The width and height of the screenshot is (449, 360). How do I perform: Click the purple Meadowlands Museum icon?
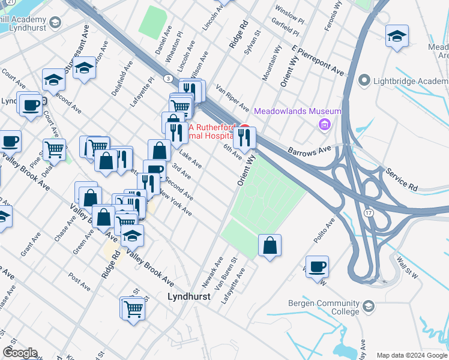tap(325, 125)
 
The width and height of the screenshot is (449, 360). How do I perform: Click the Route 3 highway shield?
tap(169, 79)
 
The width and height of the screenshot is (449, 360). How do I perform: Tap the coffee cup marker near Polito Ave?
tap(317, 266)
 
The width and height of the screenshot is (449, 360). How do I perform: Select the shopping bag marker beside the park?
tap(270, 245)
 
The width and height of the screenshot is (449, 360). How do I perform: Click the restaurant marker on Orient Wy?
tap(244, 137)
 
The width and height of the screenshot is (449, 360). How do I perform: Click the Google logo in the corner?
tap(19, 353)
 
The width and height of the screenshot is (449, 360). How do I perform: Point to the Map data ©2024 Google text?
tap(411, 355)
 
